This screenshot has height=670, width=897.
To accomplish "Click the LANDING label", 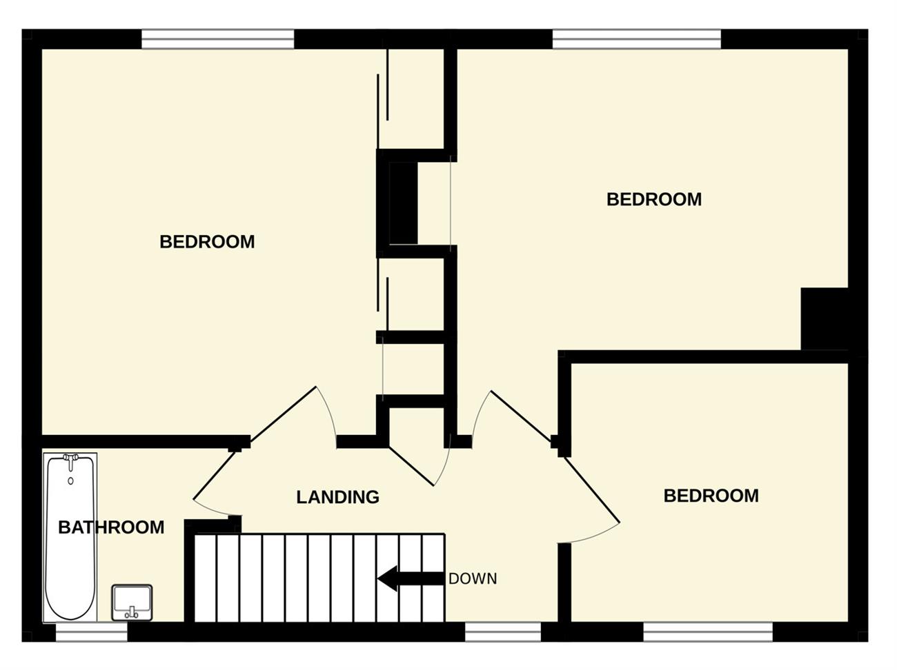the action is (337, 497).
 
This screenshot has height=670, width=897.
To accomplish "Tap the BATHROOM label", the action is (111, 527).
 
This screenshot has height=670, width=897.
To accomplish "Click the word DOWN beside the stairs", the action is (473, 578).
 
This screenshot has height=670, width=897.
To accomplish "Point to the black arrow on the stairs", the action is (411, 578).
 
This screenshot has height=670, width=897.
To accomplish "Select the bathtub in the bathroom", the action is (70, 538).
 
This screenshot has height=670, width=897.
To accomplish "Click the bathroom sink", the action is (132, 602).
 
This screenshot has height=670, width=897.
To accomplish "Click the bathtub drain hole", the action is (70, 481).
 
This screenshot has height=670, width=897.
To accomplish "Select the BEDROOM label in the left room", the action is (207, 241).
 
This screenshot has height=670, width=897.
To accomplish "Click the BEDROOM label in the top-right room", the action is (654, 199).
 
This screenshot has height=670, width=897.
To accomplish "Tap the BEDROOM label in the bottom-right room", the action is (711, 496).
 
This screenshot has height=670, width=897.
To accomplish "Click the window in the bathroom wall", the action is (92, 631).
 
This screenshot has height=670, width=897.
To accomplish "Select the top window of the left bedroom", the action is (218, 39).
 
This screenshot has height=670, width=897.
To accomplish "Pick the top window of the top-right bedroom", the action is (637, 39).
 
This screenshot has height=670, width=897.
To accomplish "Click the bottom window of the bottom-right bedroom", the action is (708, 631).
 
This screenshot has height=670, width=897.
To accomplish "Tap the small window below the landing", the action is (503, 631).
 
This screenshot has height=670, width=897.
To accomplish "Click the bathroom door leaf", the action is (215, 475).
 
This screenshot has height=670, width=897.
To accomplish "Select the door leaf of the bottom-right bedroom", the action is (593, 489).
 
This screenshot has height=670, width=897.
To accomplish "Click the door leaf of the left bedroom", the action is (283, 414).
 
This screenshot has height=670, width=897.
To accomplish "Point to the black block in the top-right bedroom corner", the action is (825, 318).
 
